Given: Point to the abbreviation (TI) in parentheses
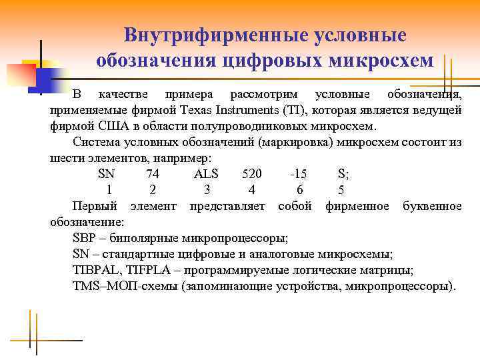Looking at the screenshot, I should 293,109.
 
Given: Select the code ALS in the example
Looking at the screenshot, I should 210,174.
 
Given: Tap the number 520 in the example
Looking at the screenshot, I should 252,174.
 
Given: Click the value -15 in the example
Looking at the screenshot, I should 299,174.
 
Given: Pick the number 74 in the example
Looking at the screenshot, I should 152,174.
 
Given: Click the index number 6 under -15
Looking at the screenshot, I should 300,190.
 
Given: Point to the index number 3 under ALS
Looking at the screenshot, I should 207,190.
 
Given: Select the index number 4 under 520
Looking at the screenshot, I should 251,190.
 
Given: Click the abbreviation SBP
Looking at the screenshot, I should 85,238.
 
